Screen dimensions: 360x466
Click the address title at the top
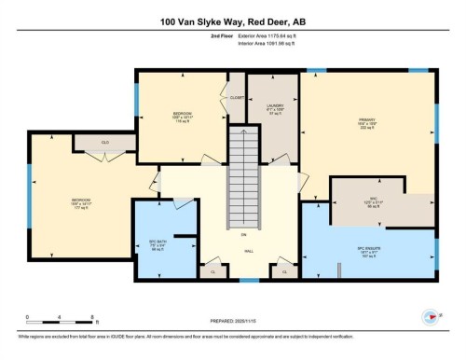pos(233,21)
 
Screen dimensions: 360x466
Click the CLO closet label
pos(93,143)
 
